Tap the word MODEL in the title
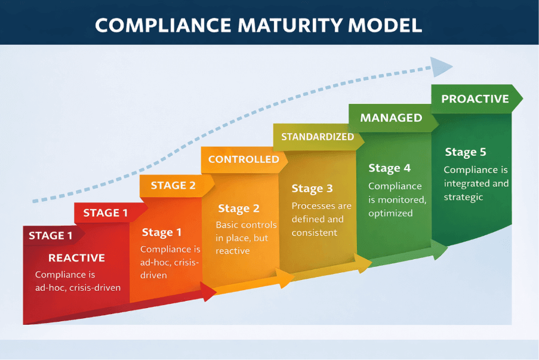390,24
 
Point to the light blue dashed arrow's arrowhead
441,66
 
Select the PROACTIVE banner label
475,99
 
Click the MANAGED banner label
391,118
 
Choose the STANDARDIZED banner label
318,137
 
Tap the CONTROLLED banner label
244,159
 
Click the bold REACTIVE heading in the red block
76,258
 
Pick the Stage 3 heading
312,189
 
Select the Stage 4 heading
389,168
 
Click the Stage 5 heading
465,152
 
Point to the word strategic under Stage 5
463,197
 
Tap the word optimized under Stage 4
390,213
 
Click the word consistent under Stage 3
315,232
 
